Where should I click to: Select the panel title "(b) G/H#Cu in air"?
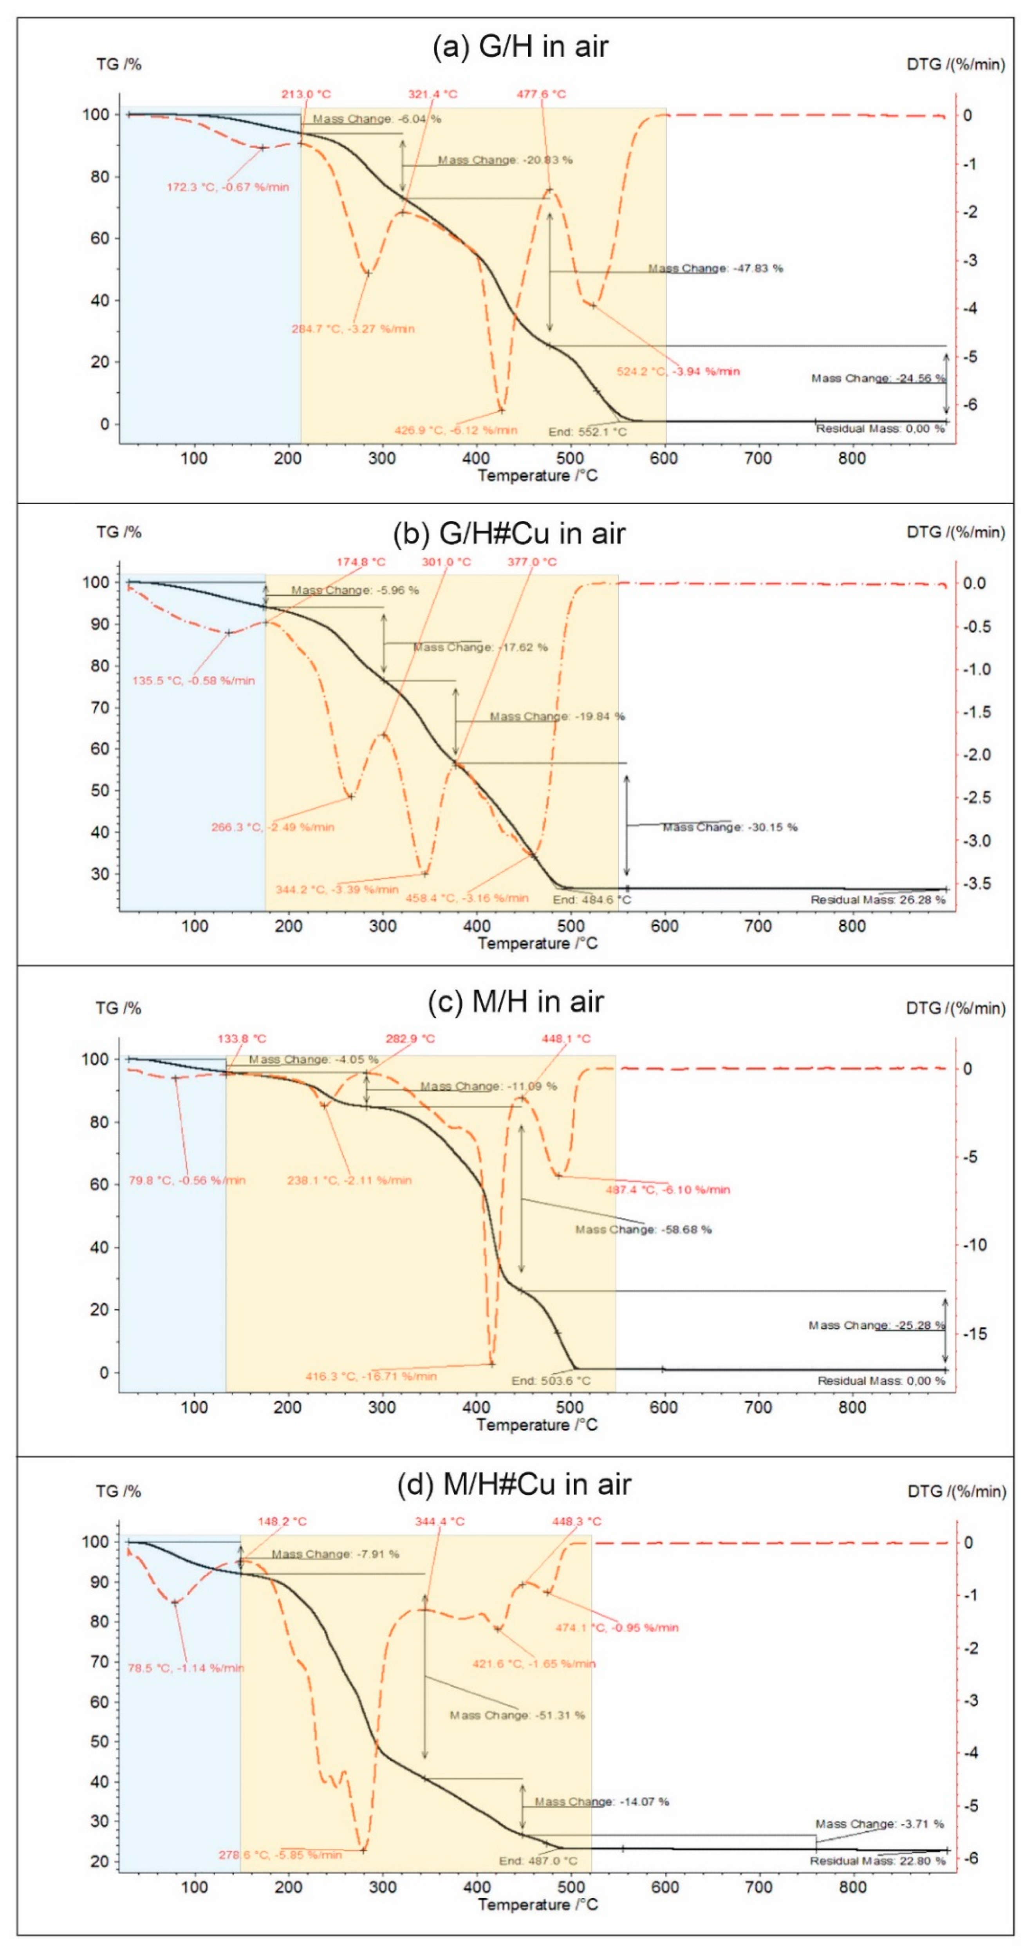pos(509,533)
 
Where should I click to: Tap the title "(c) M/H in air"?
pos(515,1002)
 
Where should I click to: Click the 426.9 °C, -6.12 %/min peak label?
pos(455,430)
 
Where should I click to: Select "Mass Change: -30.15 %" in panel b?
pos(730,827)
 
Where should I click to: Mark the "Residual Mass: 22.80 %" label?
pos(878,1861)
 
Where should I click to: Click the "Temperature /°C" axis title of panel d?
pos(537,1905)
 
